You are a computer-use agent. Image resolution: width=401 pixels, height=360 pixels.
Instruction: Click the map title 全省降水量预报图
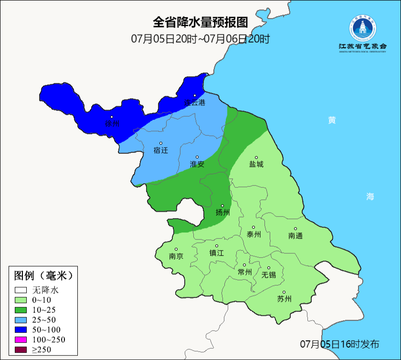tap(200, 22)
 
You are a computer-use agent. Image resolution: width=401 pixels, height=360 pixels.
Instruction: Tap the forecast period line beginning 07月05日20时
tap(200, 39)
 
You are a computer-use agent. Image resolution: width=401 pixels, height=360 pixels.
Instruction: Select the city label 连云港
tap(195, 103)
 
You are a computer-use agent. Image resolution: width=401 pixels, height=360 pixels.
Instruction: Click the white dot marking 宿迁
tap(161, 143)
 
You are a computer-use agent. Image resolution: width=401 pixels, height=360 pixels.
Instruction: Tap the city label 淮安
tap(197, 164)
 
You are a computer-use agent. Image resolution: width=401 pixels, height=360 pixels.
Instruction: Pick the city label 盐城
tap(256, 164)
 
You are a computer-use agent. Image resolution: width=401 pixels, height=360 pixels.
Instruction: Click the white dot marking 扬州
tap(222, 206)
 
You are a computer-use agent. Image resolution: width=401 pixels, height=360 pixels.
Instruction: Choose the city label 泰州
tap(254, 234)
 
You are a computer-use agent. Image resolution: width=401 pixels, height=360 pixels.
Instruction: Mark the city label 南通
tap(295, 235)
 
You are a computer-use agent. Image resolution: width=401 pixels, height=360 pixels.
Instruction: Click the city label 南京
tap(176, 256)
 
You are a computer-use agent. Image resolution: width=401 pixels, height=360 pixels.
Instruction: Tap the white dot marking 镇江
tap(217, 246)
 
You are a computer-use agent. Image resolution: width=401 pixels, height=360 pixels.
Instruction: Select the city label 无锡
tap(269, 275)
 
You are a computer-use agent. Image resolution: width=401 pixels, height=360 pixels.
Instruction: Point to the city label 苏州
tap(284, 299)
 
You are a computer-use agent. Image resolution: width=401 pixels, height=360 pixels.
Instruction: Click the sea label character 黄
tap(332, 120)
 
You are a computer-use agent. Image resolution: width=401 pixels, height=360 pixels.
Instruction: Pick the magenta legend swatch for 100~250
tap(21, 339)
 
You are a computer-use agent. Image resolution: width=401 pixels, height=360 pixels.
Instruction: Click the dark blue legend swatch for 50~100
tap(21, 329)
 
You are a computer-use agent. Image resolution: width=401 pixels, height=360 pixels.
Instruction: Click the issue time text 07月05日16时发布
tap(339, 344)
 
